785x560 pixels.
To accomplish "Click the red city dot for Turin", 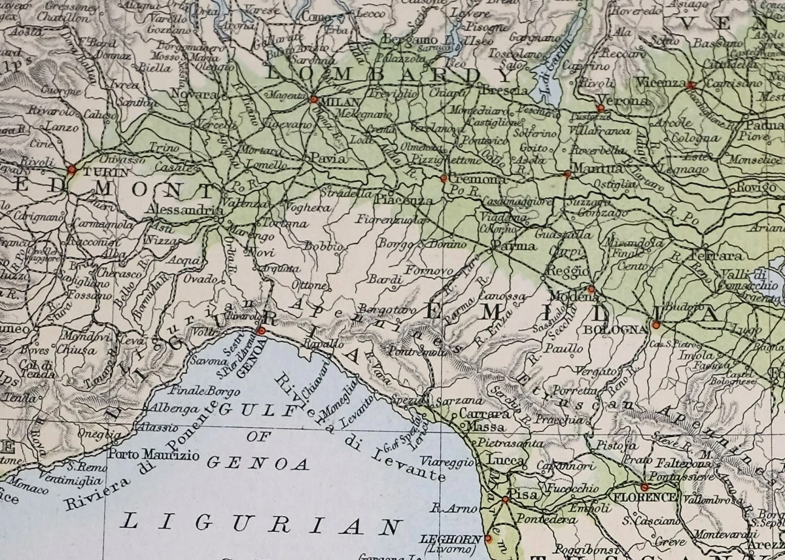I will (72, 169).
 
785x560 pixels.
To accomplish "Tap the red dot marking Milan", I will (314, 99).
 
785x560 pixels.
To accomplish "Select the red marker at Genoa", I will (262, 331).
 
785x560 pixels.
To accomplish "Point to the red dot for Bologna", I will (655, 324).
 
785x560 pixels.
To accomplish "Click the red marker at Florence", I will (644, 487).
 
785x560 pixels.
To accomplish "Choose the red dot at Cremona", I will (444, 177).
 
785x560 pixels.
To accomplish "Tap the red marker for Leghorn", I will (488, 538).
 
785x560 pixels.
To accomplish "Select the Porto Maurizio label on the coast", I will (150, 454).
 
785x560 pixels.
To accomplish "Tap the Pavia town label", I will (328, 158).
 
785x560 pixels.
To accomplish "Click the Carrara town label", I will (485, 414).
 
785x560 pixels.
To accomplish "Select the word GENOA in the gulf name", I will (258, 463).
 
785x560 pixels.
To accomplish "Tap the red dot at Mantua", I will (567, 174).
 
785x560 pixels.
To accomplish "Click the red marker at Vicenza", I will (691, 84).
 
